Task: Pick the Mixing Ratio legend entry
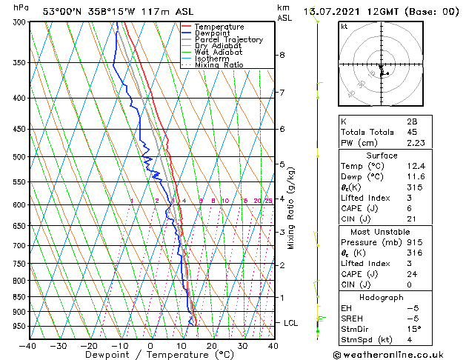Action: tap(219, 65)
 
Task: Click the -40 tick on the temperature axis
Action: tap(28, 345)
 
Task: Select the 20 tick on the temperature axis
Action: tap(211, 345)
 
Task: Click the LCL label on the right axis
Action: tap(291, 323)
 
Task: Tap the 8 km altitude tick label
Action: tap(282, 55)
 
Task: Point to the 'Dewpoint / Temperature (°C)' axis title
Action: tap(150, 355)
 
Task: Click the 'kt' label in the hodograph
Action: tap(344, 26)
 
